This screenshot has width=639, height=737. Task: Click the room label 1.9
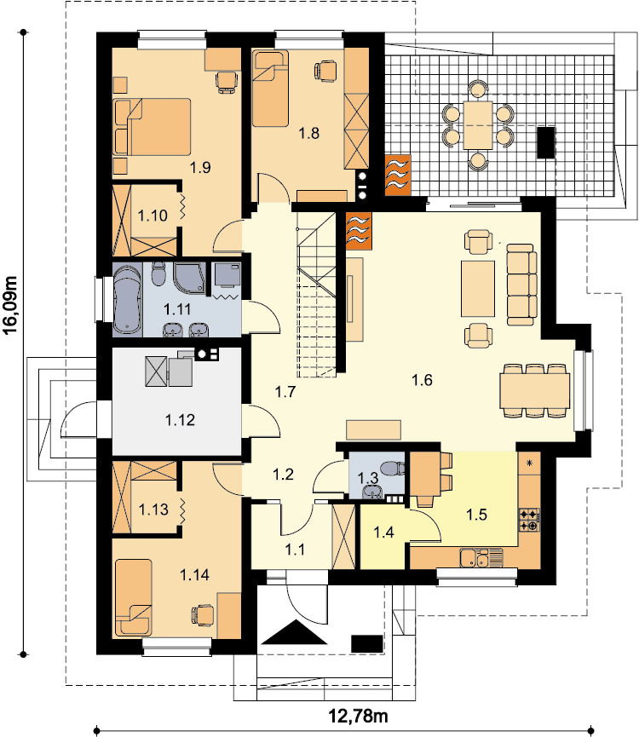[200, 167]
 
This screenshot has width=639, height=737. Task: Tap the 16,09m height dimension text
[10, 305]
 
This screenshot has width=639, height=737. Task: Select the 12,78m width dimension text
[358, 717]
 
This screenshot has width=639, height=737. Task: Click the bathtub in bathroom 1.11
[127, 301]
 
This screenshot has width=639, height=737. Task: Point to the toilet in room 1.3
[392, 469]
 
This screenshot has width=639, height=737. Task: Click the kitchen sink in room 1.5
[475, 558]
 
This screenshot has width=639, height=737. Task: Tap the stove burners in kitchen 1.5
[529, 520]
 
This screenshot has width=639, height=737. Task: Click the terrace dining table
[478, 125]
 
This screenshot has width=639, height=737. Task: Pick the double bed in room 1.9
[153, 127]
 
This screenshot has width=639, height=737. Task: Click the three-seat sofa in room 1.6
[521, 285]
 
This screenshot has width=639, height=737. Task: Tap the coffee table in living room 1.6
[478, 289]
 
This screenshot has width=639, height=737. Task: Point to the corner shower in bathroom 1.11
[189, 277]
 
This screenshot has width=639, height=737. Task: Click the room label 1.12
[180, 420]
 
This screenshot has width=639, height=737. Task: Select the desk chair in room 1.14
[202, 613]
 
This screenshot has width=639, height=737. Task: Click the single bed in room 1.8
[270, 89]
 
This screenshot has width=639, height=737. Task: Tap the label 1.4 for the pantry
[383, 533]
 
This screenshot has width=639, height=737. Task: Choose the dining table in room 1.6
[535, 390]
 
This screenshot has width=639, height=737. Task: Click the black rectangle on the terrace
[546, 142]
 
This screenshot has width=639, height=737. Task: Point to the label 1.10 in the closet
[153, 216]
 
